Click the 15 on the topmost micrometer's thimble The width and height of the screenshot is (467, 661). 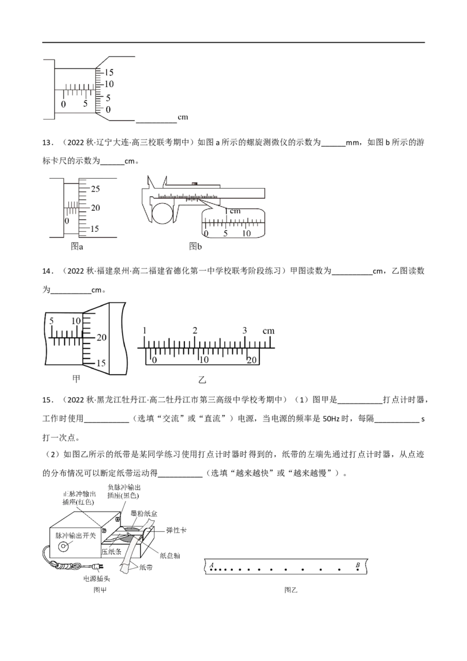click(x=109, y=72)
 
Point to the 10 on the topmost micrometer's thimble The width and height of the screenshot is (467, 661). click(x=109, y=85)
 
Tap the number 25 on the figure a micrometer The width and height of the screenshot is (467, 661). click(x=96, y=188)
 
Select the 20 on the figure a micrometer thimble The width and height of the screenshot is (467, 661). click(x=97, y=208)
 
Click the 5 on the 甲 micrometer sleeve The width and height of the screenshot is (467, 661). click(x=51, y=321)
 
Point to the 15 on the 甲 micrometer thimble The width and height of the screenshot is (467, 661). click(x=100, y=363)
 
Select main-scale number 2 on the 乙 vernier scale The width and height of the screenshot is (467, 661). click(x=196, y=331)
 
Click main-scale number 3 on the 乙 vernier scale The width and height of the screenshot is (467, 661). click(x=245, y=331)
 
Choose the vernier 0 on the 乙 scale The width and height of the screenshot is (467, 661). click(x=154, y=360)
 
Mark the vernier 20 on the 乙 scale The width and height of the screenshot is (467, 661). click(x=252, y=360)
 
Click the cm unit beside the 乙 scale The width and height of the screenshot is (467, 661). click(x=269, y=332)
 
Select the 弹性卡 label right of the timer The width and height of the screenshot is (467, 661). click(x=175, y=531)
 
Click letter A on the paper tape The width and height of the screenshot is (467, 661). click(x=211, y=565)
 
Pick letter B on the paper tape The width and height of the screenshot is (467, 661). click(x=358, y=565)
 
